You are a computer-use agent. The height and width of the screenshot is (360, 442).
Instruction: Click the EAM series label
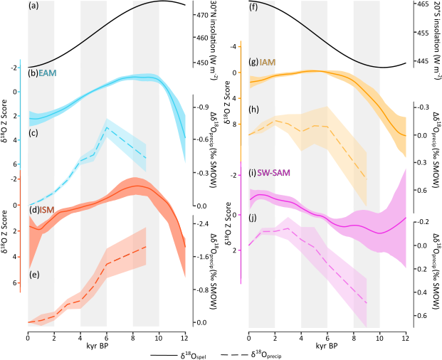point(48,73)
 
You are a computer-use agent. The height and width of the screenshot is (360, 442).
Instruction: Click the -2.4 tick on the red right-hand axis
point(204,223)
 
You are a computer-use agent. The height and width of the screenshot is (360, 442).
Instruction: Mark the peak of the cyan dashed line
point(106,127)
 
